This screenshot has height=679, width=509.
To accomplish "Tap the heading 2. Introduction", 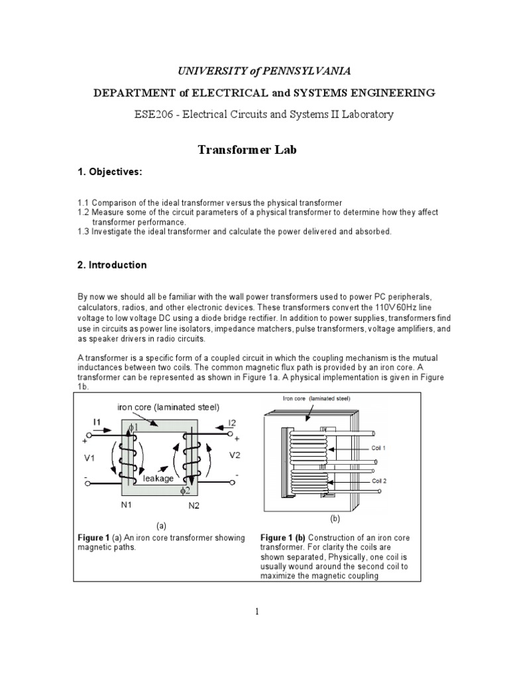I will (x=112, y=265).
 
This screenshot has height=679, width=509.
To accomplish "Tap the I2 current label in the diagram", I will (x=232, y=422).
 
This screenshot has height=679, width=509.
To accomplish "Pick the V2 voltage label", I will (x=235, y=456).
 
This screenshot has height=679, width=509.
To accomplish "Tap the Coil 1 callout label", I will (x=378, y=448).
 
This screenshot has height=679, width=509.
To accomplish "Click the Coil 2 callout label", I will (x=378, y=481).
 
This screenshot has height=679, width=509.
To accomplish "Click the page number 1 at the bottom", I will (x=255, y=612).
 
